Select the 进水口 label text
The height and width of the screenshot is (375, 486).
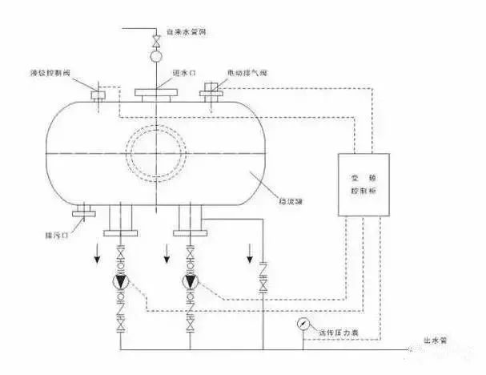coord(185,73)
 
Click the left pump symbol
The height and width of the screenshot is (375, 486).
coord(120,282)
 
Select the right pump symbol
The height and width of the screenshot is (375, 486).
coord(191,282)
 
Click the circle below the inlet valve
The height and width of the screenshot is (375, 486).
coord(156,57)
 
